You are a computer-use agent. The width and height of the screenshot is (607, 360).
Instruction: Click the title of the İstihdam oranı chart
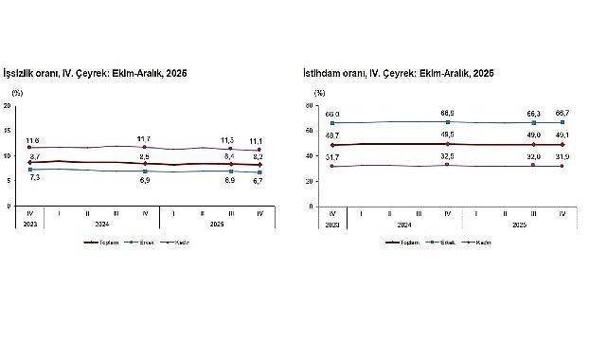(399, 73)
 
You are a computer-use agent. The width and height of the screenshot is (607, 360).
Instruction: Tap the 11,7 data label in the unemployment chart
(144, 138)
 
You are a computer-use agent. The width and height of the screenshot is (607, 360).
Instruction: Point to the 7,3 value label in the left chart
(34, 177)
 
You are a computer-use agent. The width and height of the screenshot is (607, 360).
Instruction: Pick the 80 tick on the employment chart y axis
(319, 105)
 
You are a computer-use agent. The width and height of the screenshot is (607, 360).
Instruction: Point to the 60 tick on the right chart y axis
(319, 130)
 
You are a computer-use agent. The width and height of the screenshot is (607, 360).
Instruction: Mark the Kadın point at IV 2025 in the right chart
(562, 166)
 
